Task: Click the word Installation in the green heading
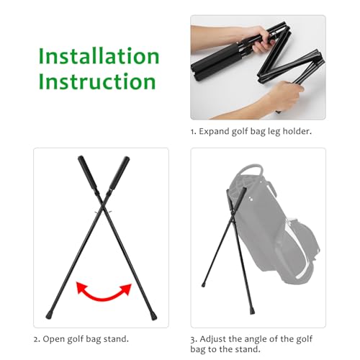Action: (x=99, y=55)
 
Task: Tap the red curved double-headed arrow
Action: (x=104, y=290)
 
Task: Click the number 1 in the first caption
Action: (x=193, y=132)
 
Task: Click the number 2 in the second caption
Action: (x=36, y=339)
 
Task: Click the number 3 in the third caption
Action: (x=193, y=339)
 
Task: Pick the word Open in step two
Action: (x=56, y=339)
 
